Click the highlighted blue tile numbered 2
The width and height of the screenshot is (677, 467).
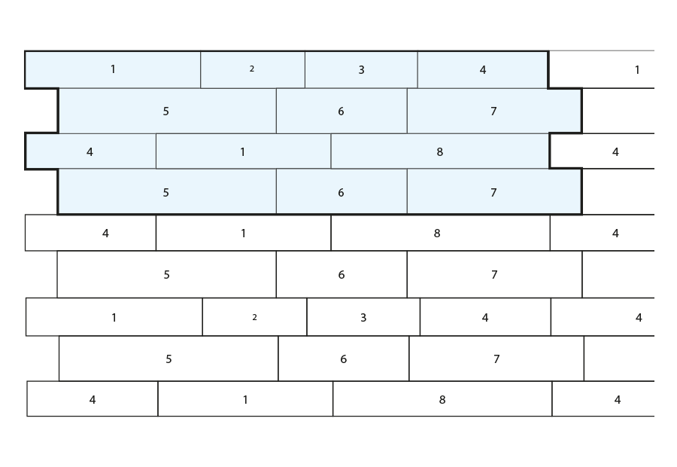tap(253, 69)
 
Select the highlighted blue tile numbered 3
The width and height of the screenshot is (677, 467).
tap(361, 69)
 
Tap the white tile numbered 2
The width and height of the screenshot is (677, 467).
tap(255, 317)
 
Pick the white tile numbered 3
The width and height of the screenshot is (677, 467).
tap(363, 317)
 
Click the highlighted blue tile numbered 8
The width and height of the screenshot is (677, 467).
tap(440, 151)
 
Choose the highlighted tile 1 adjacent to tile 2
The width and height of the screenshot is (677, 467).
tap(113, 69)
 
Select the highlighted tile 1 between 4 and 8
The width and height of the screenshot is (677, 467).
tap(244, 151)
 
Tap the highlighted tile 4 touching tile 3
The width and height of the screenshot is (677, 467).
tap(483, 69)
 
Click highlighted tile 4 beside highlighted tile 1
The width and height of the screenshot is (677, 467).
tap(91, 151)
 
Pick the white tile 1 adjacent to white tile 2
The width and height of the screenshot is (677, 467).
tap(114, 317)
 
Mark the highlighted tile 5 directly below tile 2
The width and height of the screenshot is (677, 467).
tap(167, 111)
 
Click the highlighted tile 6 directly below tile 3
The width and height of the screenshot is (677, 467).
tap(342, 111)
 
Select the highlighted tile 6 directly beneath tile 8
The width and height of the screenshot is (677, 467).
tap(342, 191)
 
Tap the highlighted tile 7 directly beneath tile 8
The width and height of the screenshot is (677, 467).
tap(494, 191)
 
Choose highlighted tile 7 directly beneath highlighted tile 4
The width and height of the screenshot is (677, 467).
tap(494, 111)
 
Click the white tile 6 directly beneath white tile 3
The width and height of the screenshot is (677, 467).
tap(344, 359)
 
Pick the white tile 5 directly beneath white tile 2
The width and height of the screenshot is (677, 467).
tap(168, 359)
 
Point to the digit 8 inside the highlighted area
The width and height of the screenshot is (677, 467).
tap(439, 152)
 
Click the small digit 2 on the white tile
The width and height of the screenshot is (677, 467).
tap(255, 317)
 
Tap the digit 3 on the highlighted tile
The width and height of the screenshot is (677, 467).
tap(361, 70)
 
